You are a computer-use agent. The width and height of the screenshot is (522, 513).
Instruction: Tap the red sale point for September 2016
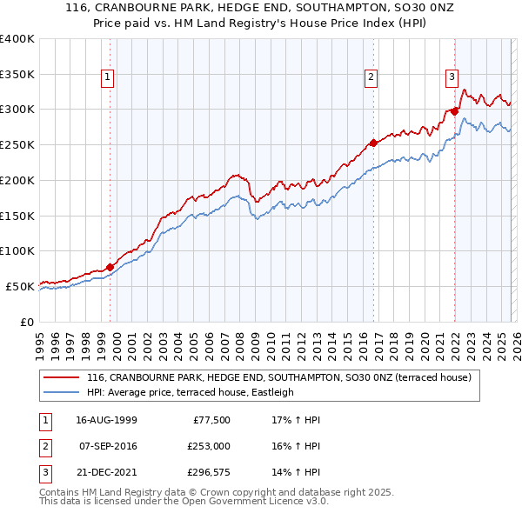point(373,143)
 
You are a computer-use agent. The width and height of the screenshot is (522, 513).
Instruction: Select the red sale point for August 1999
point(110,267)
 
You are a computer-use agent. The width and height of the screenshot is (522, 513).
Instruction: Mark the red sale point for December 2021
point(454,111)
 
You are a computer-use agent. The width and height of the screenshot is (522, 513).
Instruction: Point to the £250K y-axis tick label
point(17,145)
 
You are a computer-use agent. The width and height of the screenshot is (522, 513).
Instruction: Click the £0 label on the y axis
point(27,322)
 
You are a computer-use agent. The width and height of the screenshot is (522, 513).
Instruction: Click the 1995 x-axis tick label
point(40,342)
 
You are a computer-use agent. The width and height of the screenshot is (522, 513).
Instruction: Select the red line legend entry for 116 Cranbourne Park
point(278,377)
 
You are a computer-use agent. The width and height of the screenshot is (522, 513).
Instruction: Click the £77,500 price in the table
point(210,420)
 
